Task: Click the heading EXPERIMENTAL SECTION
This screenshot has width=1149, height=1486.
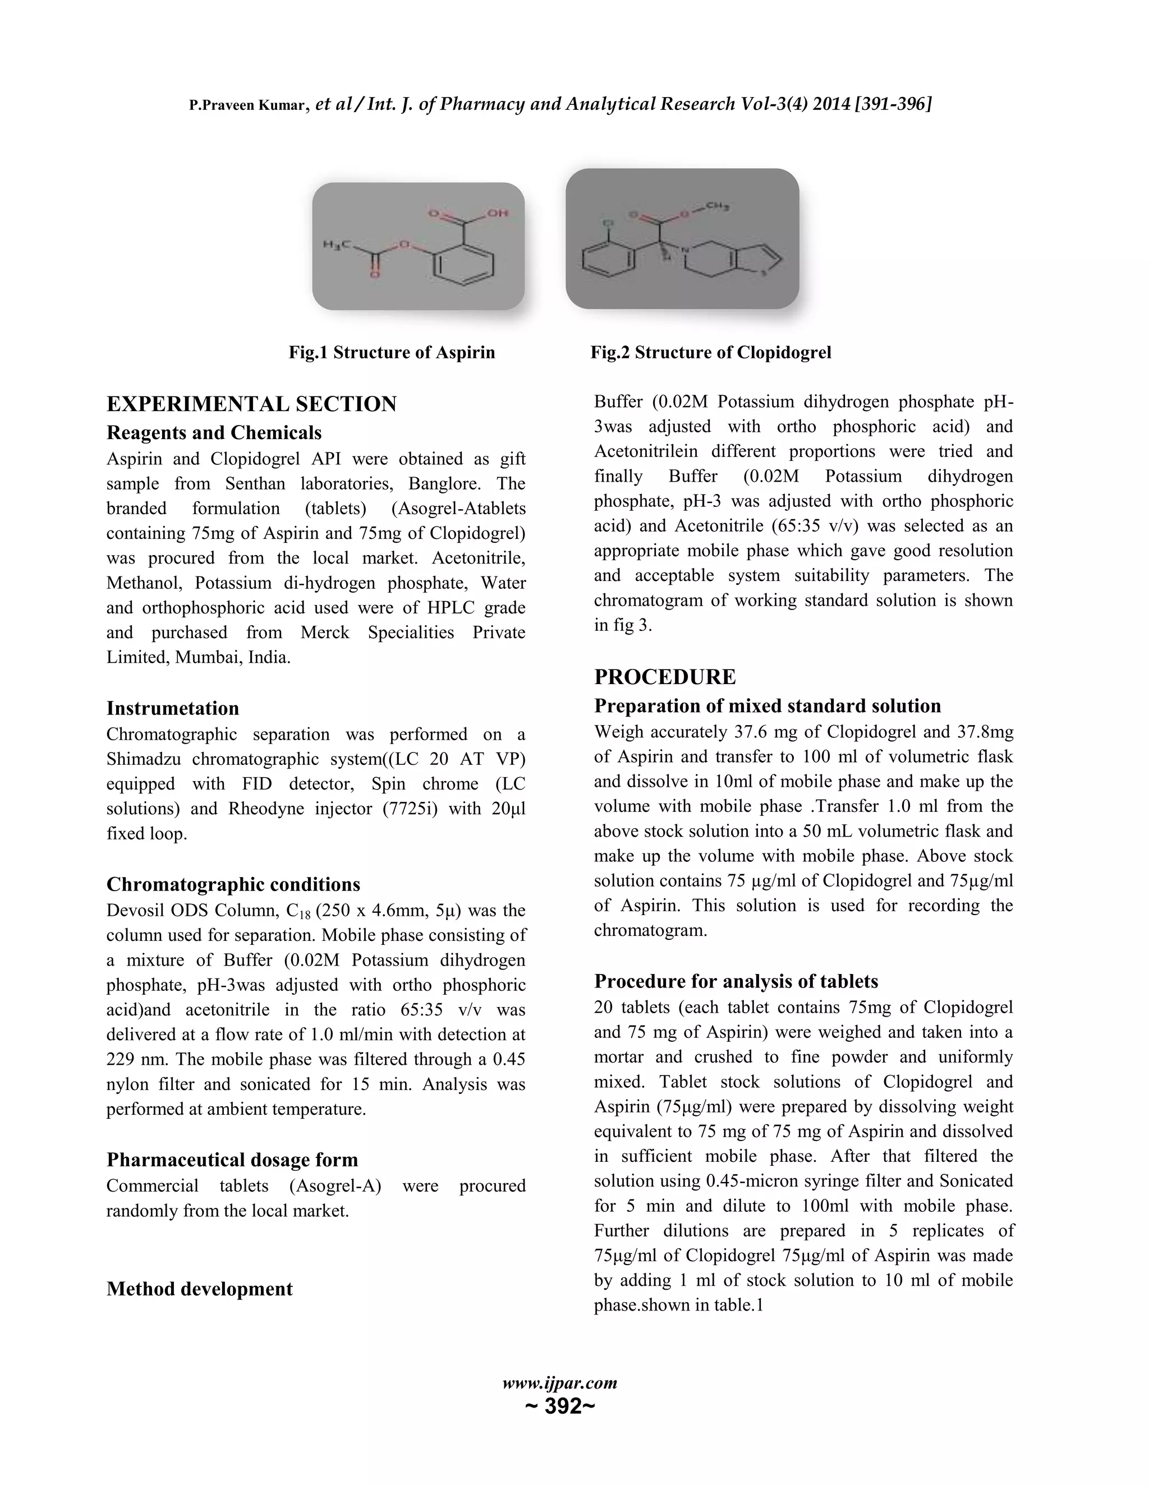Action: coord(251,404)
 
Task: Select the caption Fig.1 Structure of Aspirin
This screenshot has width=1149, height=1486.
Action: coord(392,353)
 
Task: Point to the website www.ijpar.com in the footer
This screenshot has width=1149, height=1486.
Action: coord(559,1383)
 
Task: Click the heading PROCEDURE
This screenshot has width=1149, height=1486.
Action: coord(664,677)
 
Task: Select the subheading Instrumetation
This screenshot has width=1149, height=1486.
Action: coord(173,708)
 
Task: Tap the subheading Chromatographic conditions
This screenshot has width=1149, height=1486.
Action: coord(233,884)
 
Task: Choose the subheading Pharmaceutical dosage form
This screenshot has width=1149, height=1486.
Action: coord(232,1160)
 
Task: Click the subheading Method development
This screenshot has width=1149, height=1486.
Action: coord(199,1289)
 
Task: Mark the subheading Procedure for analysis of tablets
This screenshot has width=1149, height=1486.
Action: coord(736,981)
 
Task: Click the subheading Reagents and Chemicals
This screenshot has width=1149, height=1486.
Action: coord(214,433)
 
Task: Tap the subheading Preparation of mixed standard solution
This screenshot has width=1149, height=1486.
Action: coord(767,705)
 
